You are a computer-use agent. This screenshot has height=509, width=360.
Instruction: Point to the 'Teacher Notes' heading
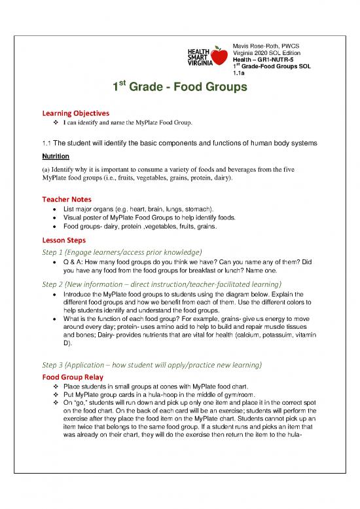66,198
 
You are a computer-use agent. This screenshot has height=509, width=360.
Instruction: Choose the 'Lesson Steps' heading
64,239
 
